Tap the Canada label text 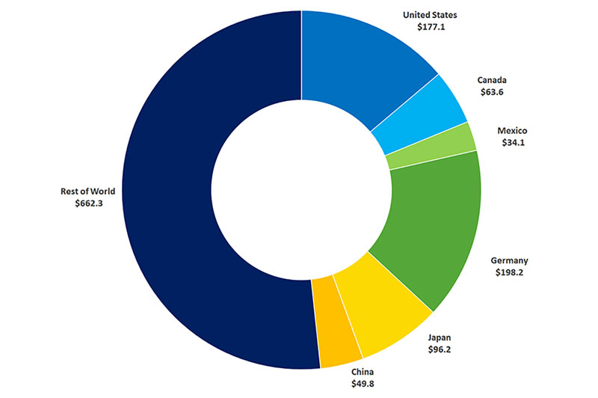(493, 80)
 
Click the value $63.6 (493, 92)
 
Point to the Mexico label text (512, 131)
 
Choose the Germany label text (509, 260)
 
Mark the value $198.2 (509, 272)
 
